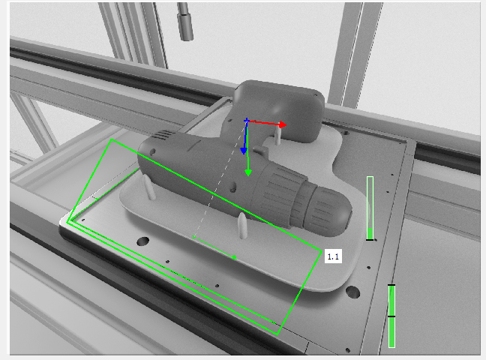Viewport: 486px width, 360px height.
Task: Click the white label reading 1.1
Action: [333, 256]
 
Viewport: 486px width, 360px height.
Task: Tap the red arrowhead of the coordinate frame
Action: [282, 124]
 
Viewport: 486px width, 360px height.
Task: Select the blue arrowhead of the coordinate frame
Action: [244, 151]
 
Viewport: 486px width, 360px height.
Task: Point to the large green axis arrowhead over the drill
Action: [248, 172]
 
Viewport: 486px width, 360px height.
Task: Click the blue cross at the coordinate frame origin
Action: [247, 120]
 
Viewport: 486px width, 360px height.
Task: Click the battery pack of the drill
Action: [279, 110]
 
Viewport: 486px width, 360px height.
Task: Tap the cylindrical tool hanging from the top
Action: [185, 22]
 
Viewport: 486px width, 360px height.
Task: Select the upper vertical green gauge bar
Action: [370, 208]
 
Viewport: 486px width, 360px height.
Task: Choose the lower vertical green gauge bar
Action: [391, 316]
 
